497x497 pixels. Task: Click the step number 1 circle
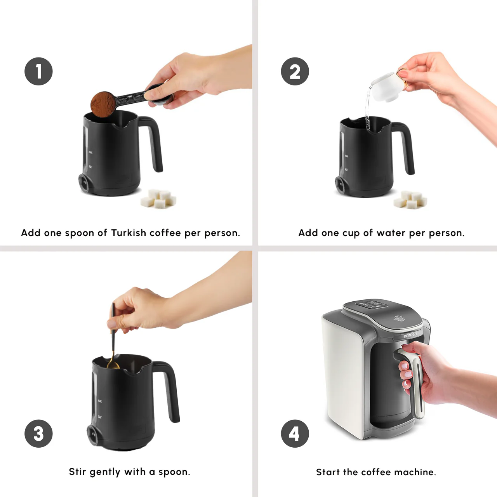(38, 71)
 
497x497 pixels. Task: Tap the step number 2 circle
(295, 71)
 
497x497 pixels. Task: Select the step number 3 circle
(38, 433)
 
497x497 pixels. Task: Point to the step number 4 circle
(295, 433)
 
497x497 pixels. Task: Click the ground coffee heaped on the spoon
(103, 103)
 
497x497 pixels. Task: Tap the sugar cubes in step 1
(158, 198)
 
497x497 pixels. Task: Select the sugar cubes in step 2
(410, 200)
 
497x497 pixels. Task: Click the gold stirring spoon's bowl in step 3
(113, 364)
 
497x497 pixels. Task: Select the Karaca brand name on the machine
(410, 335)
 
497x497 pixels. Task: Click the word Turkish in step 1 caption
(129, 233)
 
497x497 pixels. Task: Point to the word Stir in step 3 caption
(77, 471)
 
